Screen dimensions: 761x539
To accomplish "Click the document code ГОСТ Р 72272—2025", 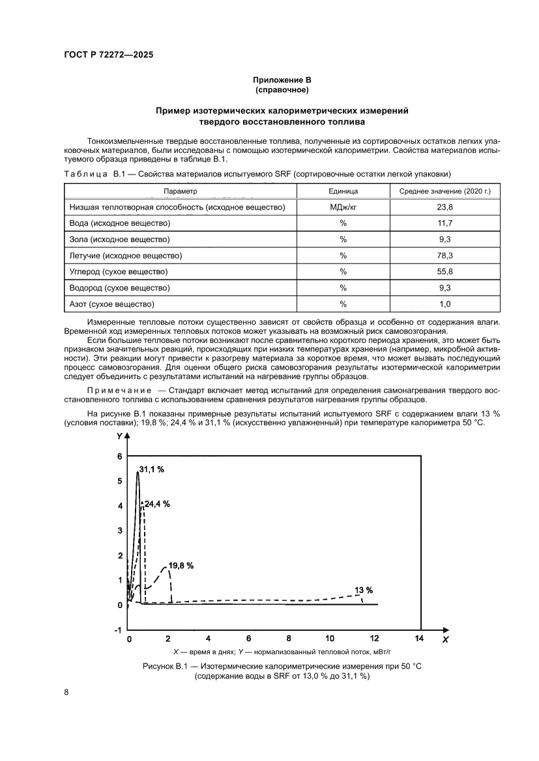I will click(x=109, y=56).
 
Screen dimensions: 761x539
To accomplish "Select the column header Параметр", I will click(x=181, y=191).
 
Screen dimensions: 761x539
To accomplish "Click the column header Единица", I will click(x=343, y=191).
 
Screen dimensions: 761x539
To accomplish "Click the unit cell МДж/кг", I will click(x=343, y=207).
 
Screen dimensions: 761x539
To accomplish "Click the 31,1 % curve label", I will click(x=151, y=470).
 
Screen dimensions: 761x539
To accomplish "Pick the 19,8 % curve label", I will click(x=181, y=566).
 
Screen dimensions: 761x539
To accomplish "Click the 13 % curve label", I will click(x=363, y=590).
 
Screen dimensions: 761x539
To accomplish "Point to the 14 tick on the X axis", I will click(x=419, y=639).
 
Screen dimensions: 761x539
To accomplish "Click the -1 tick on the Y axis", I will click(x=118, y=630).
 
